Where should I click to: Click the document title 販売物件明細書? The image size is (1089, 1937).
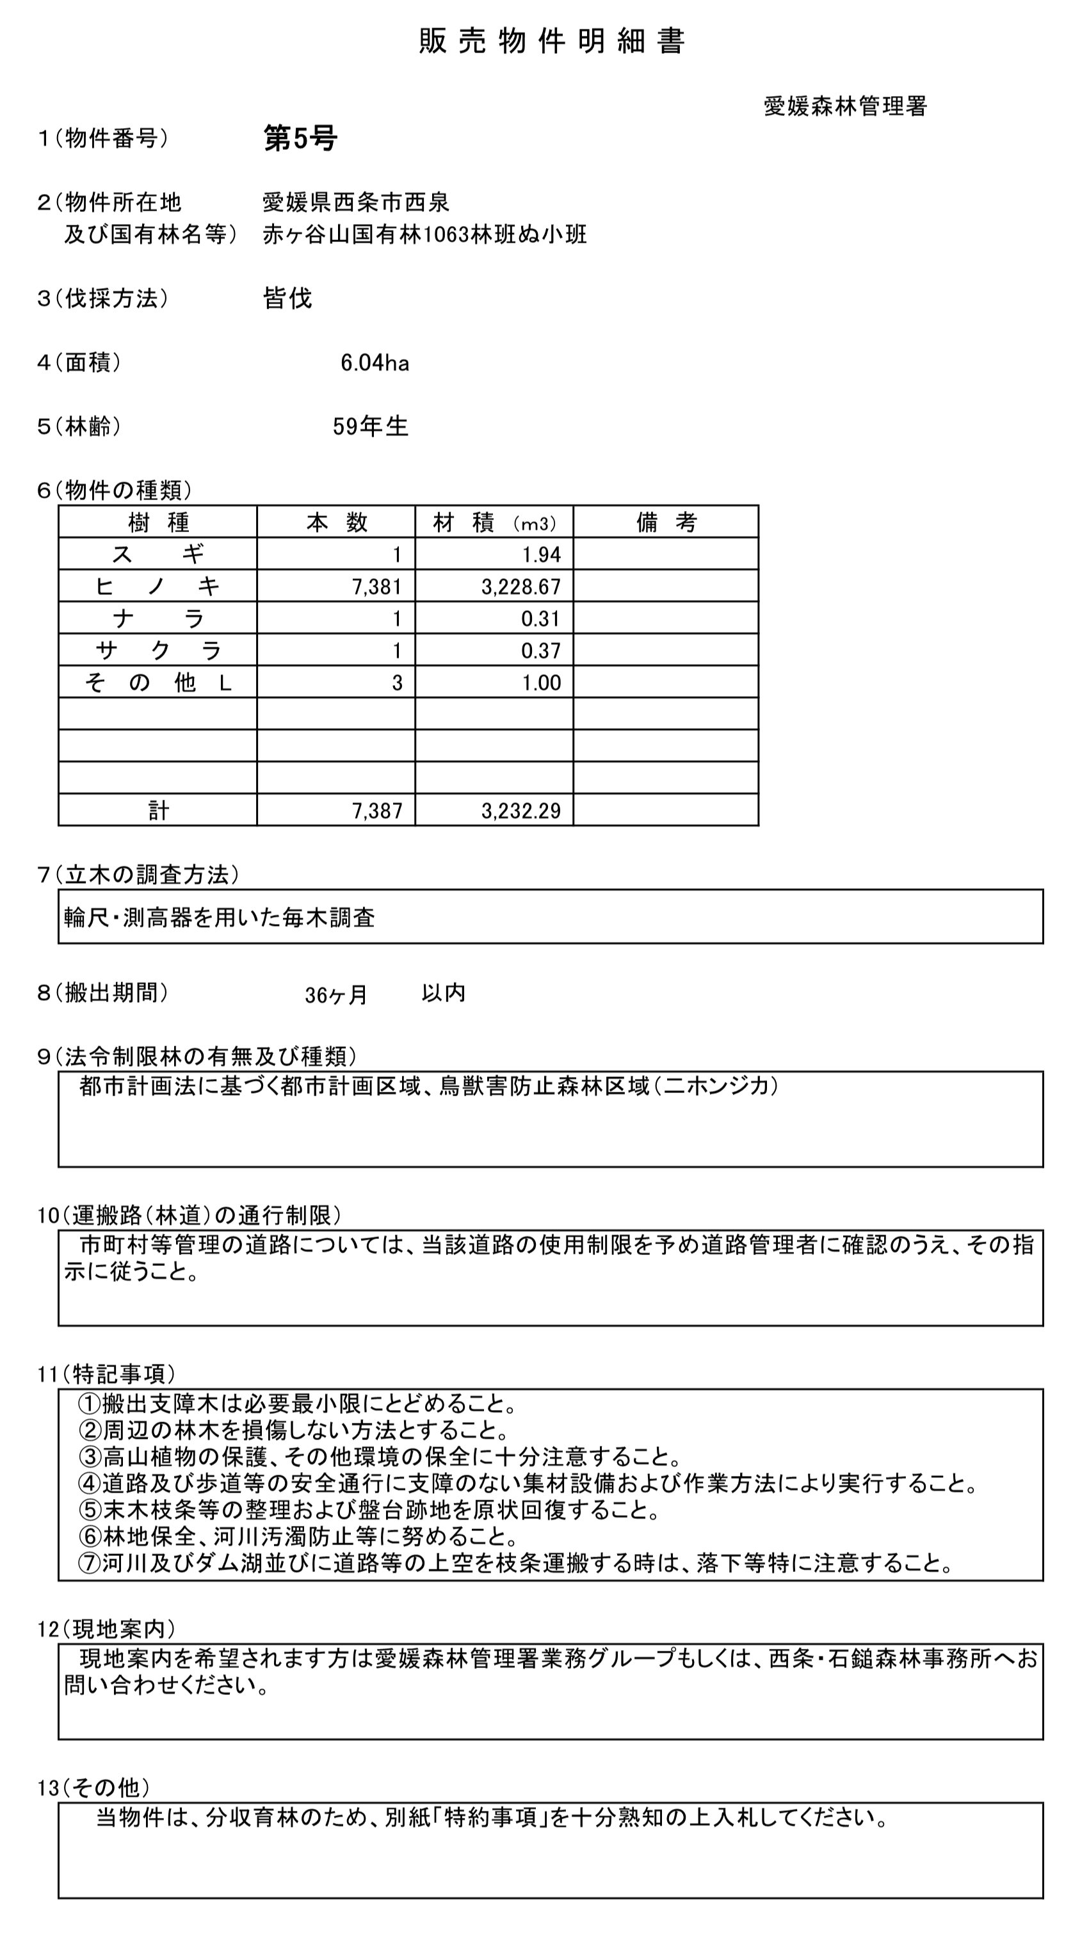click(551, 42)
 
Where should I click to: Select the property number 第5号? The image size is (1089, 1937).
click(300, 139)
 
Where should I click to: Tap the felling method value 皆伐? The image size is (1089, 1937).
click(287, 298)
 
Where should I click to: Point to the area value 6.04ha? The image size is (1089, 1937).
click(375, 363)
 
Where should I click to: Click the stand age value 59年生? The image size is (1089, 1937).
click(370, 427)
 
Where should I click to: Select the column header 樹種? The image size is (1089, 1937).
click(158, 522)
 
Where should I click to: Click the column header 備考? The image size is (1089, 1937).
click(666, 522)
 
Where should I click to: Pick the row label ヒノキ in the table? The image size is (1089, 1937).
click(158, 587)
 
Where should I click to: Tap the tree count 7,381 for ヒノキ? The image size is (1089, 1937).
click(376, 587)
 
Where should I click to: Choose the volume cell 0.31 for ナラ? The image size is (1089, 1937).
click(541, 619)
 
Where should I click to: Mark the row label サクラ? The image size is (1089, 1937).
click(158, 651)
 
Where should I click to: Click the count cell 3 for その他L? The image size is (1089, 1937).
click(397, 683)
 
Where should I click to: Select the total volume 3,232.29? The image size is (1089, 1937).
click(521, 811)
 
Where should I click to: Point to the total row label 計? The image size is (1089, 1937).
click(158, 811)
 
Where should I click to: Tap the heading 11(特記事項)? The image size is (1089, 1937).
click(106, 1374)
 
